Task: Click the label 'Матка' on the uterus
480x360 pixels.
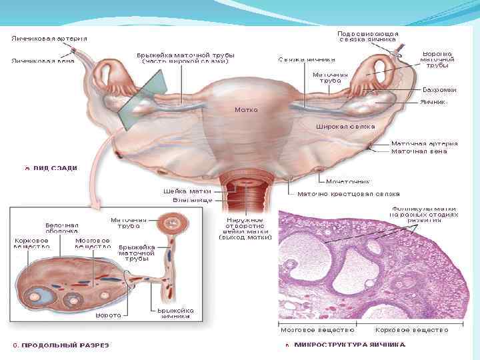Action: [x=246, y=109]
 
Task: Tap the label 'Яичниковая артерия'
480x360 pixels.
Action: [x=49, y=38]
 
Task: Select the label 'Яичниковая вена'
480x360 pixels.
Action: [x=42, y=61]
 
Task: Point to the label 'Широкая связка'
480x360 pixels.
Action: [x=345, y=126]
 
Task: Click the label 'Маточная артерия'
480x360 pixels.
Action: [x=424, y=143]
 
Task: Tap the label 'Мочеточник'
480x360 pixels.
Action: [x=347, y=181]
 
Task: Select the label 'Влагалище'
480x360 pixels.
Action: [x=192, y=200]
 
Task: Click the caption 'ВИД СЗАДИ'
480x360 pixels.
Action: [x=54, y=168]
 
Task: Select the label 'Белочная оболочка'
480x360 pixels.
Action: [x=62, y=229]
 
